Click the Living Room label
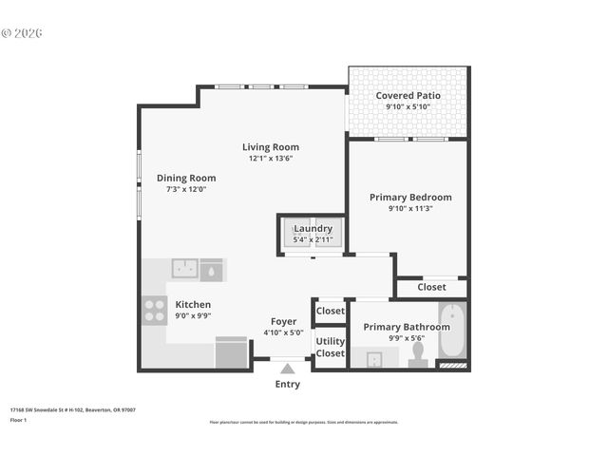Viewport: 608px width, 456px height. pyautogui.click(x=271, y=147)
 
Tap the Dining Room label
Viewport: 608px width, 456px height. pyautogui.click(x=186, y=178)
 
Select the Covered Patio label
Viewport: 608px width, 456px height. pyautogui.click(x=408, y=96)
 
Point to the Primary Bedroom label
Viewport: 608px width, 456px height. pyautogui.click(x=410, y=198)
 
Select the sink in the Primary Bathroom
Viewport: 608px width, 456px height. pyautogui.click(x=374, y=359)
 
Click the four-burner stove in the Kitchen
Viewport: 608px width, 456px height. pyautogui.click(x=155, y=311)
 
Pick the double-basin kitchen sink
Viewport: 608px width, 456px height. pyautogui.click(x=185, y=269)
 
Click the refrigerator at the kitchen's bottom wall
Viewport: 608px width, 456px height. pyautogui.click(x=231, y=352)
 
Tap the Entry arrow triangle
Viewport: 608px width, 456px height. pyautogui.click(x=288, y=369)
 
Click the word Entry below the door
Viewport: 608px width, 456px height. pyautogui.click(x=288, y=385)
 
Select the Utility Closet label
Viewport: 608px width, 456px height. pyautogui.click(x=331, y=347)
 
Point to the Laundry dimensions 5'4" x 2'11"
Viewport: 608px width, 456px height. pyautogui.click(x=313, y=240)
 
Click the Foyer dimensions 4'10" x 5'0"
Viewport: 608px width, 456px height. pyautogui.click(x=283, y=333)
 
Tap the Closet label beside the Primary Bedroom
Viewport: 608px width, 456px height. pyautogui.click(x=431, y=287)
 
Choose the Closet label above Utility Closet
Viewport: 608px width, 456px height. pyautogui.click(x=331, y=311)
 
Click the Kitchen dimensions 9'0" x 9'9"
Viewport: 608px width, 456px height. pyautogui.click(x=193, y=316)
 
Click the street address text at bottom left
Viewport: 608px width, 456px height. pyautogui.click(x=72, y=409)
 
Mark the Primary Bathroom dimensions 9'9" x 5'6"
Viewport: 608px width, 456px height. pyautogui.click(x=406, y=337)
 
